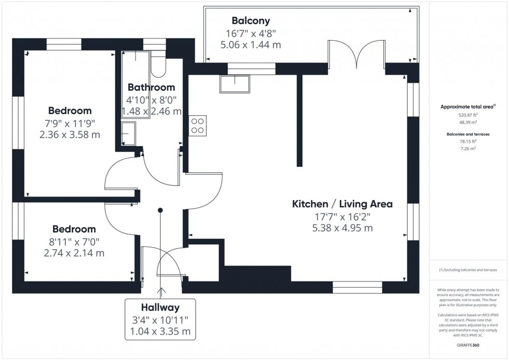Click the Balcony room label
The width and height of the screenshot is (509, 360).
coord(251,21)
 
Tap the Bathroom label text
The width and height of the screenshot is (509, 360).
coord(151,87)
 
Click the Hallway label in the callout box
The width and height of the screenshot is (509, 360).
coord(160,308)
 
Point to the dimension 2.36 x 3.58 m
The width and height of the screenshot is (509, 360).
coord(70,135)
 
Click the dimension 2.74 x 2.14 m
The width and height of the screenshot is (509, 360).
coord(74,253)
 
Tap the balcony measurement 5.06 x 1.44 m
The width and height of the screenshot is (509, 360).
coord(251,45)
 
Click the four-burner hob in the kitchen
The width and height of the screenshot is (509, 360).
coord(198,126)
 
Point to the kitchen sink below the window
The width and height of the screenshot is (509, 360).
coord(235,83)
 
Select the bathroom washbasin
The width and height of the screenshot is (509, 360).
coord(128,134)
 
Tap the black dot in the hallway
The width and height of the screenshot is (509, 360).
coord(160,210)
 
